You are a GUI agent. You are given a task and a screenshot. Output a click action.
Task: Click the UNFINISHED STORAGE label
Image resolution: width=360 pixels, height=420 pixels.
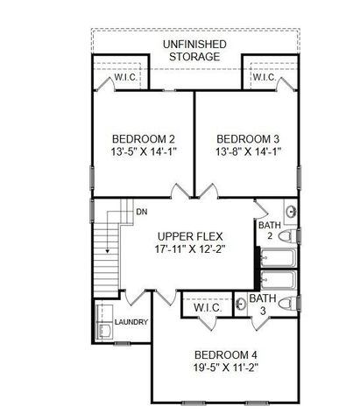194,50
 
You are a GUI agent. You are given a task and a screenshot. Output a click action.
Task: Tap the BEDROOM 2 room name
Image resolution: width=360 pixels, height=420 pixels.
145,139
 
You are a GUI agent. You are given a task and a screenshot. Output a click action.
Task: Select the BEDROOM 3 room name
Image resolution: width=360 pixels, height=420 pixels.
249,139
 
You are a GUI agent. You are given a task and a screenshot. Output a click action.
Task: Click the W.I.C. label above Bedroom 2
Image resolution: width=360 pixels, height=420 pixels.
125,78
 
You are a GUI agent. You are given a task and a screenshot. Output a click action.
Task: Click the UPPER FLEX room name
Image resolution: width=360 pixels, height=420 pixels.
192,237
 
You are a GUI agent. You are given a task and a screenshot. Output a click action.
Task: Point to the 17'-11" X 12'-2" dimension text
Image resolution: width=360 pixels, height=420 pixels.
192,251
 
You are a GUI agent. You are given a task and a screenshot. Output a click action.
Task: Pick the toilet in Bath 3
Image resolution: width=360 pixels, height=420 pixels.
293,306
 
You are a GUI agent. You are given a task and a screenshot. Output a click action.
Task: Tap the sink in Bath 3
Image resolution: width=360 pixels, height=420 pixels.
241,306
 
